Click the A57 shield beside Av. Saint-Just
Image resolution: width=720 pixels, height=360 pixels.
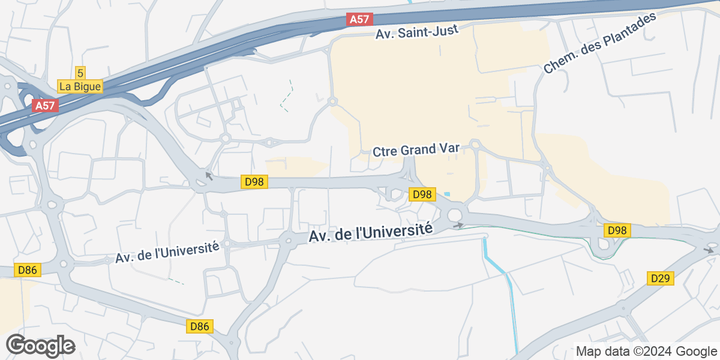359,20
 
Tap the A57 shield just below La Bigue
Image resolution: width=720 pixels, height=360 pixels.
46,106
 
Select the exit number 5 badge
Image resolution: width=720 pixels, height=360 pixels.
80,72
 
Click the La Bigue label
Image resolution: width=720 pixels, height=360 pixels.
80,86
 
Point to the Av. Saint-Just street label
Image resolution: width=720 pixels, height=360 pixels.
416,32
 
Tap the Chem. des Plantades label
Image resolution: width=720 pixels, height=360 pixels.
601,43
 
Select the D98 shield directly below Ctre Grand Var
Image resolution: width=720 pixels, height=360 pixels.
421,194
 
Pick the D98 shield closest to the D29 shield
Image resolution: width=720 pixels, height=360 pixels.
617,230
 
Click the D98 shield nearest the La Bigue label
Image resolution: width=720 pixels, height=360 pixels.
254,182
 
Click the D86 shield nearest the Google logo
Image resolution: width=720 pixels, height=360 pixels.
199,326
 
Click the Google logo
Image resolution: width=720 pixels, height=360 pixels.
40,346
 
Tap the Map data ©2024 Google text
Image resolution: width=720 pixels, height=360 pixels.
646,351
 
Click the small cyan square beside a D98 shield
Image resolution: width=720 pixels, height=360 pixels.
446,194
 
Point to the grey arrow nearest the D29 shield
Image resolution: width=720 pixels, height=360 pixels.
710,250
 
